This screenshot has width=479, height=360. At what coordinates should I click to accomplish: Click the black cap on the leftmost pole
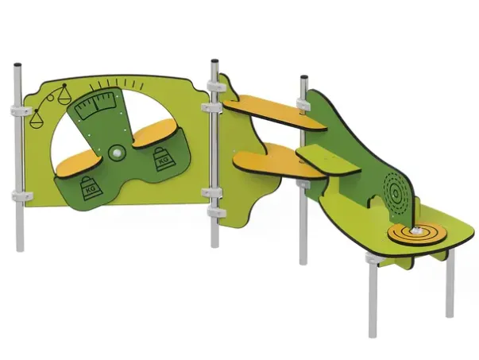[x=17, y=65]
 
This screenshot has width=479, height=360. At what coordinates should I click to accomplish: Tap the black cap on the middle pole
[x=214, y=61]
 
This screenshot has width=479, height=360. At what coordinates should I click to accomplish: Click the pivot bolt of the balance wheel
[x=117, y=153]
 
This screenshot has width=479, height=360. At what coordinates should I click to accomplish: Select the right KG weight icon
[x=161, y=159]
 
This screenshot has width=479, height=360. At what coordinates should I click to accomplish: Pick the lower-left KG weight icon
[x=91, y=188]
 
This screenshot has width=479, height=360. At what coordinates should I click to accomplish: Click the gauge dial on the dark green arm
[x=96, y=106]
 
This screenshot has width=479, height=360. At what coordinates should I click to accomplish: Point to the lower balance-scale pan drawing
[x=36, y=120]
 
